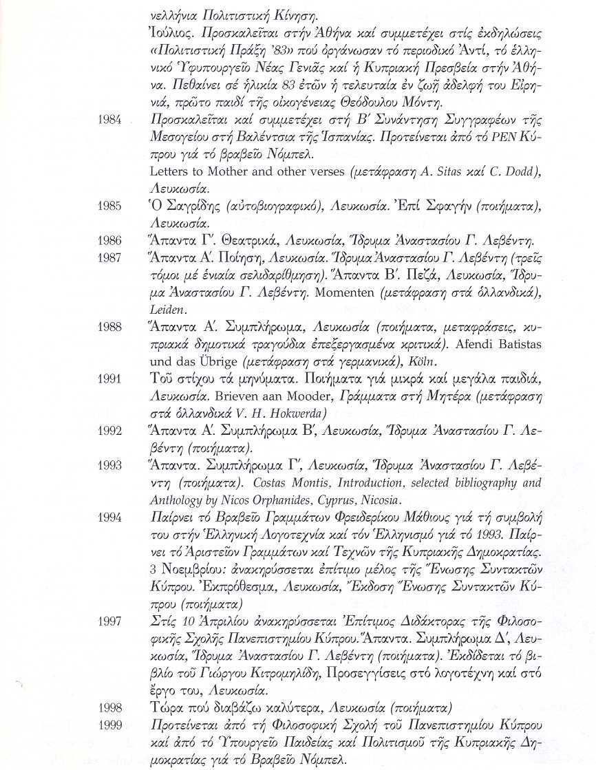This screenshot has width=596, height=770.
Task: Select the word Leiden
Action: tap(164, 310)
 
